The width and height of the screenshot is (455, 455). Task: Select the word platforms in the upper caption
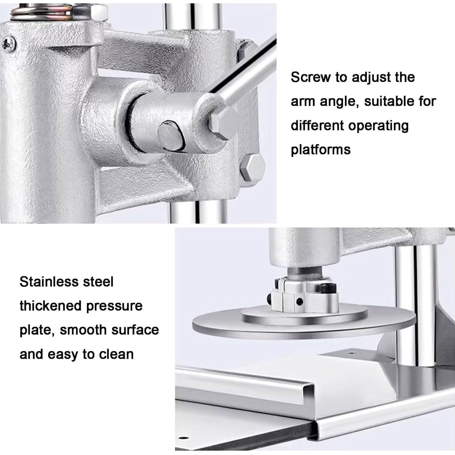(x=321, y=150)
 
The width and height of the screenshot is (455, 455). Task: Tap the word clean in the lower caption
(x=116, y=354)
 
